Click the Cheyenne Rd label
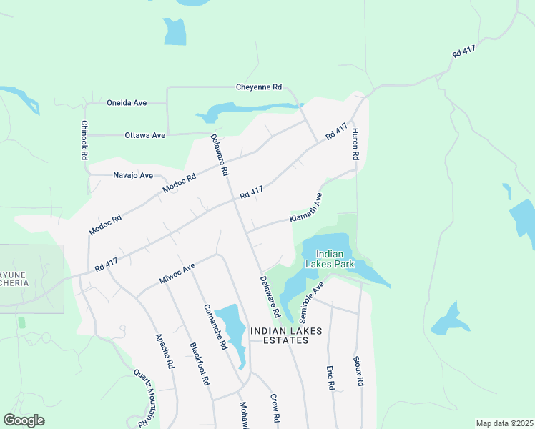[x=259, y=87]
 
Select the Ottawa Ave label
[x=144, y=135]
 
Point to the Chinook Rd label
[x=84, y=139]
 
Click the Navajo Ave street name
[x=133, y=175]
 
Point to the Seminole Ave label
[x=312, y=301]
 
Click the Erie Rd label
[x=330, y=377]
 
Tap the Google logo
[x=24, y=420]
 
